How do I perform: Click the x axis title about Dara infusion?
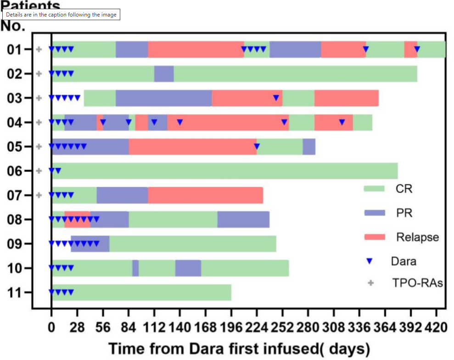[x=239, y=349]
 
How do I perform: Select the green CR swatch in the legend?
[x=374, y=188]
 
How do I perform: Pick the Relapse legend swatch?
[x=374, y=237]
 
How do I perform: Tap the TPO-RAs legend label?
[x=417, y=283]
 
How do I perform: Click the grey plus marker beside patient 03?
[x=39, y=98]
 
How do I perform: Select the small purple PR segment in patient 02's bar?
[x=164, y=73]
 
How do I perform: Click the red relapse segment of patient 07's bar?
[x=205, y=195]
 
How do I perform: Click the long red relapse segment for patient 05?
[x=192, y=146]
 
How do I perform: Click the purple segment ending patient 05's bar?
[x=309, y=146]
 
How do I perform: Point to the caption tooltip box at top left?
[x=61, y=15]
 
